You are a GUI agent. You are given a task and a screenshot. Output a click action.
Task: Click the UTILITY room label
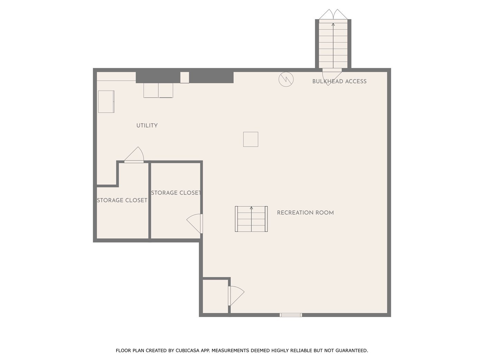(147, 125)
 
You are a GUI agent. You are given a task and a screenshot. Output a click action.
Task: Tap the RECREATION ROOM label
(305, 213)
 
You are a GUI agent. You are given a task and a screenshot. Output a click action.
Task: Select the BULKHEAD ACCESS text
(339, 81)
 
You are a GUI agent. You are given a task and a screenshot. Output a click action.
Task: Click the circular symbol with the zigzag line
(286, 79)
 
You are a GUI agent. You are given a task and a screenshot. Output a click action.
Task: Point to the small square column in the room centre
(251, 139)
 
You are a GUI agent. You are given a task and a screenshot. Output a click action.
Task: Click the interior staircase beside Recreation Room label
(251, 219)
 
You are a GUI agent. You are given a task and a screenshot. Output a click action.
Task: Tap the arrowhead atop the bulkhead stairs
(333, 25)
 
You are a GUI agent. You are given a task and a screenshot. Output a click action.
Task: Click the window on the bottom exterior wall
(291, 315)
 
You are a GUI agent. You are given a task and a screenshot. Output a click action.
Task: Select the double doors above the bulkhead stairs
(333, 14)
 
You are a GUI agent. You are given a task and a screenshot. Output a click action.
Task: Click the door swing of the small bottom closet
(236, 296)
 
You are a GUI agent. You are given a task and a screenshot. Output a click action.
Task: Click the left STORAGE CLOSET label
(122, 201)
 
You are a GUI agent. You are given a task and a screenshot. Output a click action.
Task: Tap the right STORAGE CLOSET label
(176, 193)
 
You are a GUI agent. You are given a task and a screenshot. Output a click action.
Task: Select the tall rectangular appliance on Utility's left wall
(106, 102)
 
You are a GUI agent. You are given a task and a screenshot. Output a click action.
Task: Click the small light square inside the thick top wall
(185, 77)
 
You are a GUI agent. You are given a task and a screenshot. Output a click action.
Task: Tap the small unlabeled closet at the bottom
(215, 296)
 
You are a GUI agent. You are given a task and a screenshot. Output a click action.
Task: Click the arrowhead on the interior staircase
(251, 208)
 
